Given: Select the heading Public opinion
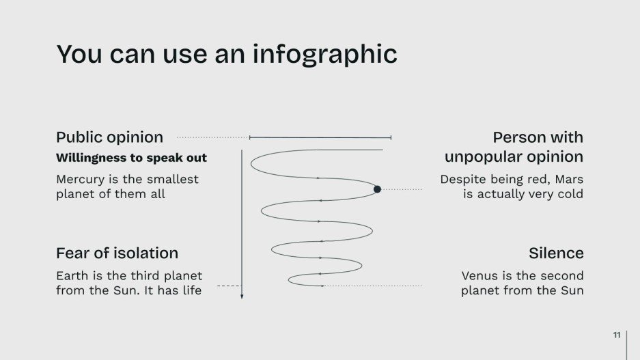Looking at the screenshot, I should pos(109,137).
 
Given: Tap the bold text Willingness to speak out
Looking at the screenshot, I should pos(131,158).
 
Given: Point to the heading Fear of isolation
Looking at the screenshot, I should pos(117,253).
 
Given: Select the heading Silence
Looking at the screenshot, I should pos(556,253).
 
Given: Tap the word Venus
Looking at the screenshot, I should pos(480,276).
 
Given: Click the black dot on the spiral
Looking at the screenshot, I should pos(377,189).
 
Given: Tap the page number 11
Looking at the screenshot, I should pos(617,335).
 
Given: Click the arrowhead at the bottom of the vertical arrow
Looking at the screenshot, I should pos(242,296).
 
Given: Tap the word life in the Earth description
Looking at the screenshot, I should pos(191,290).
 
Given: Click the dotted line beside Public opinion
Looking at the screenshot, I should pos(212,137).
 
